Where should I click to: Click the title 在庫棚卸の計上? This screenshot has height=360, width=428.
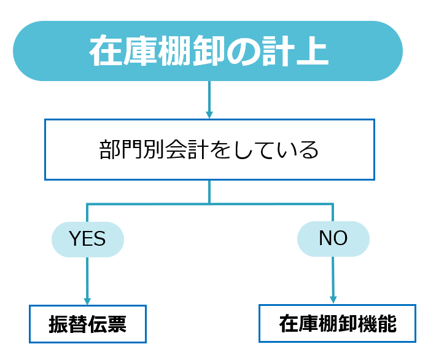(x=209, y=51)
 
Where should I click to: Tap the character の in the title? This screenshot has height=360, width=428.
(x=243, y=52)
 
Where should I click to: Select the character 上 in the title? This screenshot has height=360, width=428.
(x=313, y=52)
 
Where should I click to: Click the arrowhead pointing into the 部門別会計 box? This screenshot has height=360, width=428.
(x=209, y=115)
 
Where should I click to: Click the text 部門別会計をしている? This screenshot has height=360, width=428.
(x=209, y=150)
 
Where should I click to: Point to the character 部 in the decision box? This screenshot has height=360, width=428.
(x=110, y=150)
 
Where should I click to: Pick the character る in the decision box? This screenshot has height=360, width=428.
(x=308, y=150)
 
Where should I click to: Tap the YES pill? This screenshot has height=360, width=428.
(x=88, y=239)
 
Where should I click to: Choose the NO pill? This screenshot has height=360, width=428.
(x=333, y=239)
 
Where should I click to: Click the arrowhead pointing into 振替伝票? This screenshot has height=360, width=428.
(x=87, y=301)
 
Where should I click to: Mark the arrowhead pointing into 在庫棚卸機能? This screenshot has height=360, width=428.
(x=333, y=300)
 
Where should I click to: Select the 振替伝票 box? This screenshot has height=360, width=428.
(x=88, y=324)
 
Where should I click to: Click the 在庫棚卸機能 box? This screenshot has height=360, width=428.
(x=337, y=323)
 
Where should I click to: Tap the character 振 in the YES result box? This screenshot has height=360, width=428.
(x=59, y=324)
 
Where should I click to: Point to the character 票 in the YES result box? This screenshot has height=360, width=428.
(x=117, y=324)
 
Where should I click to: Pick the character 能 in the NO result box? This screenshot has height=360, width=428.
(x=387, y=324)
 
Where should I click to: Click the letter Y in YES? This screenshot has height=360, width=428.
(x=74, y=238)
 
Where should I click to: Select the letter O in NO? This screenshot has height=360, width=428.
(x=341, y=238)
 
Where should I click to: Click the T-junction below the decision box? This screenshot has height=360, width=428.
(x=209, y=204)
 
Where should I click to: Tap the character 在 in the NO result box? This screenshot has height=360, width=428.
(x=289, y=324)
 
